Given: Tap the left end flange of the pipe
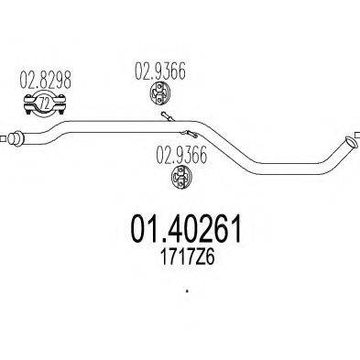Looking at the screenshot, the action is (14, 139).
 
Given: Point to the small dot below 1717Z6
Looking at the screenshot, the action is (186, 292).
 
